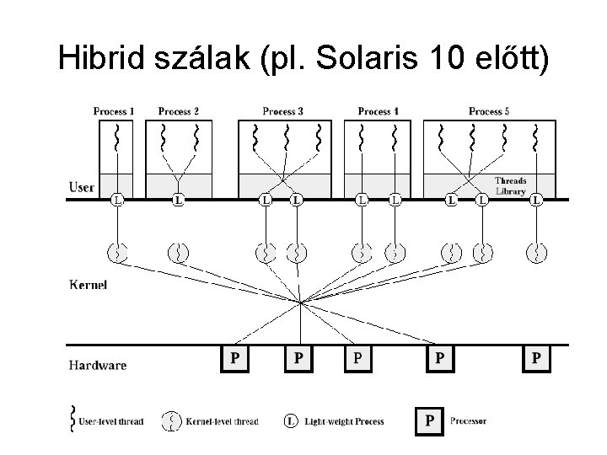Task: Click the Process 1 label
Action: pos(114,111)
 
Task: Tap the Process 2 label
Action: pos(178,111)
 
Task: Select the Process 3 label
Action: pos(283,111)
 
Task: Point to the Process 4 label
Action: pos(379,111)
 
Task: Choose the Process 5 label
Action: pos(490,111)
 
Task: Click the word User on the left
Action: pos(82,187)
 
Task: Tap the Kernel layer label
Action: pos(89,285)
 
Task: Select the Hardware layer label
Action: pos(98,365)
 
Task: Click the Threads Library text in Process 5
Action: pos(510,185)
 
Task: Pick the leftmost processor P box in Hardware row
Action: pos(235,359)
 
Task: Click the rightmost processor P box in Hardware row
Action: pos(536,359)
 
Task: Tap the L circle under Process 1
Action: pos(118,201)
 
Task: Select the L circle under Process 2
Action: pos(178,201)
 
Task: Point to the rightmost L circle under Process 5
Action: pos(536,201)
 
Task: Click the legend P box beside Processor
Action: pos(430,420)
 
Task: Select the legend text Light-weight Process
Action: pos(344,421)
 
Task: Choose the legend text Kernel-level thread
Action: pos(222,421)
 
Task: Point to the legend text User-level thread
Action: pos(111,421)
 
